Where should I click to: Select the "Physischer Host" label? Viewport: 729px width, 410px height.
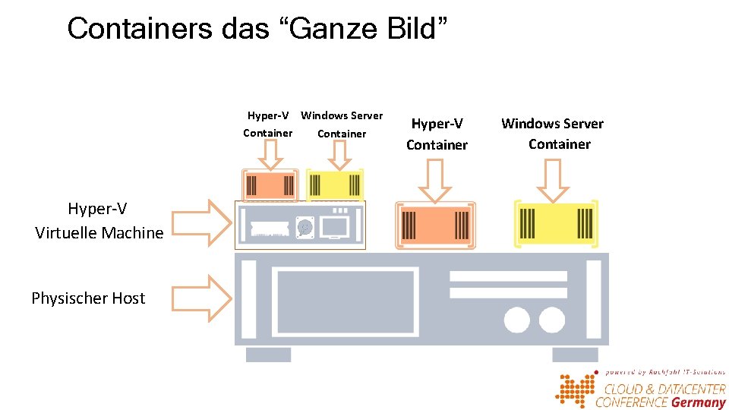(x=88, y=298)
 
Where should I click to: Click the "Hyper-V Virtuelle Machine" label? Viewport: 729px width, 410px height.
(x=99, y=221)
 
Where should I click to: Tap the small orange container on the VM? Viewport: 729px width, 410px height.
(x=269, y=184)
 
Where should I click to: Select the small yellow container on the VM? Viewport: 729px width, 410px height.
(x=335, y=184)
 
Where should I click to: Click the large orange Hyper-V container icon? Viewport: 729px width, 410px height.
(x=435, y=225)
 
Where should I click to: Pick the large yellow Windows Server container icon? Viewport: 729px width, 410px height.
(x=556, y=223)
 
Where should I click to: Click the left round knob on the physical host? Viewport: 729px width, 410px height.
(x=516, y=320)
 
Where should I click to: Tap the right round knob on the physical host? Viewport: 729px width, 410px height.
(x=552, y=320)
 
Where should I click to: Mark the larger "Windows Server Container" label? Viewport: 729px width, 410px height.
(x=553, y=134)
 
